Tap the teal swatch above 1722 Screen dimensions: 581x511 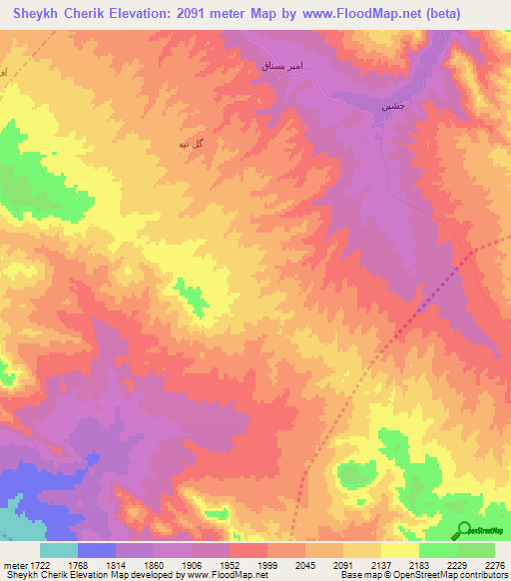point(59,550)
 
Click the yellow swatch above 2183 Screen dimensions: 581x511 point(400,550)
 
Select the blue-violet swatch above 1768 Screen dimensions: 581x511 point(97,550)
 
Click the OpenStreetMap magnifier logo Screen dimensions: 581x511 point(464,530)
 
